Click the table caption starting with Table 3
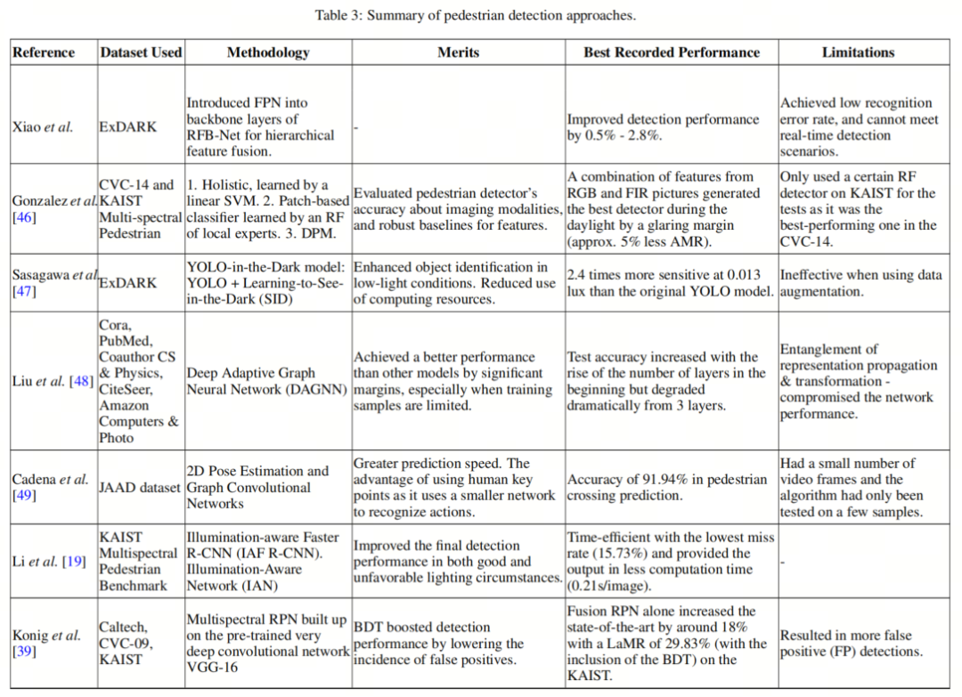(x=476, y=15)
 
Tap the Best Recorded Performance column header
(x=672, y=53)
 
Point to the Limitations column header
(x=858, y=53)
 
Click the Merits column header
(x=458, y=53)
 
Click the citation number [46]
(x=24, y=217)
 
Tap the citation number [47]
(x=24, y=291)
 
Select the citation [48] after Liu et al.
(x=81, y=382)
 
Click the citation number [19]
(x=72, y=561)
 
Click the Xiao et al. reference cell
(x=43, y=127)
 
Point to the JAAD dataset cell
(x=141, y=488)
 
